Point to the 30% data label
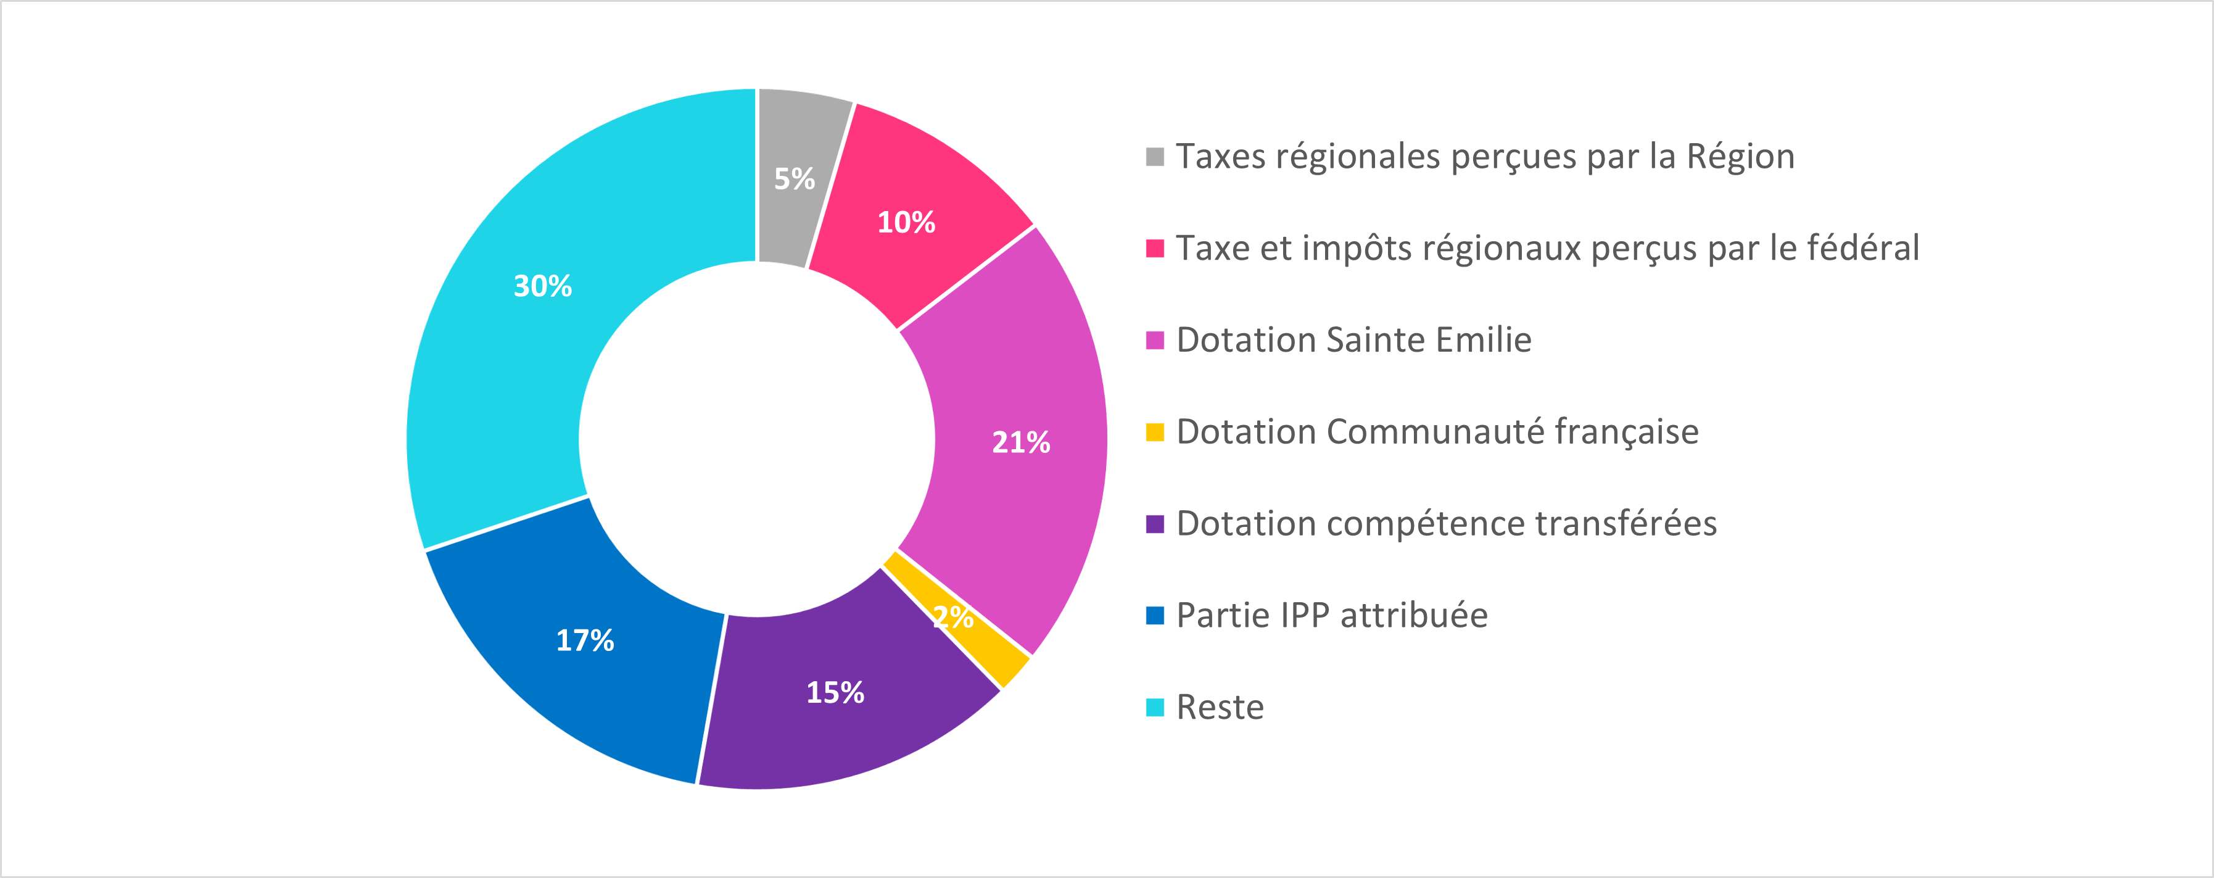point(542,286)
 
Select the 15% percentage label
point(835,693)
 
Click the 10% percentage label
point(906,223)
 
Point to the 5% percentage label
point(794,179)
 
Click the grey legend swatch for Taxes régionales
point(1155,157)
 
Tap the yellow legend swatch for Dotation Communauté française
point(1155,433)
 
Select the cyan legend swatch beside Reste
point(1155,708)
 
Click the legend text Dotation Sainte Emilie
point(1353,341)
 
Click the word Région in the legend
point(1740,157)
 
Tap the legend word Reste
point(1220,708)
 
